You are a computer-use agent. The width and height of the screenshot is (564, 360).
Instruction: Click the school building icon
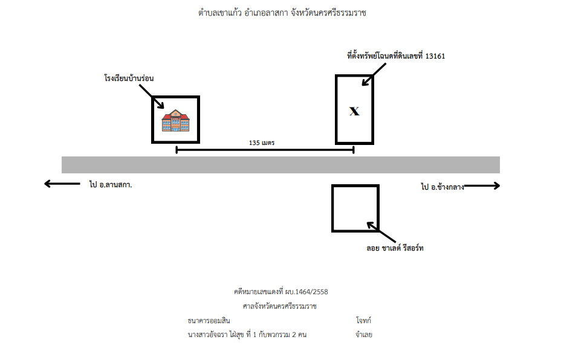[x=175, y=120]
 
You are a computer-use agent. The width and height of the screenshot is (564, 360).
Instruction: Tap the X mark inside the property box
[x=354, y=111]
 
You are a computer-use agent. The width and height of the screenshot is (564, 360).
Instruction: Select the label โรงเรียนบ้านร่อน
[x=129, y=78]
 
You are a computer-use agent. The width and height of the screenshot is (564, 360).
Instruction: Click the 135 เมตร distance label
[x=262, y=143]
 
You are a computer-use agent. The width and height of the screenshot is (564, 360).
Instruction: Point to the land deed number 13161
[x=435, y=56]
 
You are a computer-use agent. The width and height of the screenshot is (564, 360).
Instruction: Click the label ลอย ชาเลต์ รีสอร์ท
[x=395, y=248]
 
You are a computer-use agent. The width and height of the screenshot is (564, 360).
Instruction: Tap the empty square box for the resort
[x=355, y=185]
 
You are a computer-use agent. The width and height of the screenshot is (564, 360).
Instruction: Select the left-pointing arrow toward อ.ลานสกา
[x=62, y=184]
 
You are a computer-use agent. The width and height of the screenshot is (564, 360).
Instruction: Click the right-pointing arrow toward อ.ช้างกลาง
[x=482, y=186]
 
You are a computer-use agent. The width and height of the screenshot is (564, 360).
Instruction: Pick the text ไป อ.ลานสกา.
[x=111, y=185]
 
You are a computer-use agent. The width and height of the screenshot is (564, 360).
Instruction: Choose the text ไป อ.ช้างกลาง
[x=442, y=187]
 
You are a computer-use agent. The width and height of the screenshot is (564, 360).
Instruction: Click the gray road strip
[x=280, y=165]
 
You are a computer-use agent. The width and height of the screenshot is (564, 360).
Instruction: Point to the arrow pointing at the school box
[x=152, y=96]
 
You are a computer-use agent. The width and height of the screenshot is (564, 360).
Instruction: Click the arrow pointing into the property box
[x=374, y=75]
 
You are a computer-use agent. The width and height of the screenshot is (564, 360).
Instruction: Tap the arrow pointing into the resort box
[x=381, y=232]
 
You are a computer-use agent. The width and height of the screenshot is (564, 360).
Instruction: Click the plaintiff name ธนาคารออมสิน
[x=209, y=321]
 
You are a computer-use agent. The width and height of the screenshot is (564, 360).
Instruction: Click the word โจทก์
[x=363, y=320]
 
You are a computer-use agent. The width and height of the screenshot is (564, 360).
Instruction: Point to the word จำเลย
[x=364, y=335]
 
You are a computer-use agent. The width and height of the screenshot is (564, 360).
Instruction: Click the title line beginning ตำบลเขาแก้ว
[x=282, y=13]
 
